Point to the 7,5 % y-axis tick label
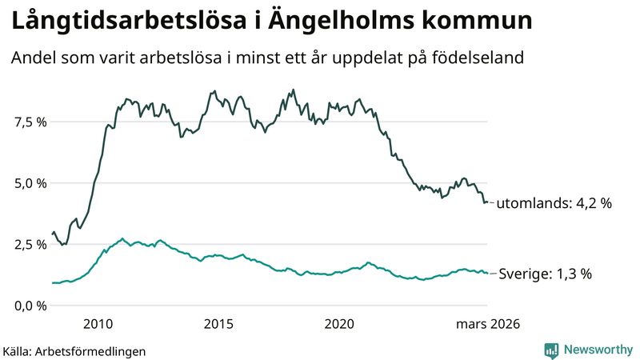click(30, 122)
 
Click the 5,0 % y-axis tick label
click(30, 183)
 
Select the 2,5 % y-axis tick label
click(30, 244)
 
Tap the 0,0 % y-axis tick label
click(30, 306)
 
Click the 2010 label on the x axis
click(98, 324)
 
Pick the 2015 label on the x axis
click(218, 324)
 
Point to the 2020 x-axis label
click(340, 324)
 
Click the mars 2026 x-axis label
click(488, 324)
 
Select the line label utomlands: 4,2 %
click(554, 204)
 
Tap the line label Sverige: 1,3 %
click(546, 274)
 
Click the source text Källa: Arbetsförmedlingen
click(74, 350)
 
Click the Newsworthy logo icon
click(551, 350)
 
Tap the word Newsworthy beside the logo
click(598, 350)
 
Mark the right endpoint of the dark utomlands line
click(487, 202)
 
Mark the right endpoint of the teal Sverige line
click(487, 274)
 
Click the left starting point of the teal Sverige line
click(52, 282)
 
